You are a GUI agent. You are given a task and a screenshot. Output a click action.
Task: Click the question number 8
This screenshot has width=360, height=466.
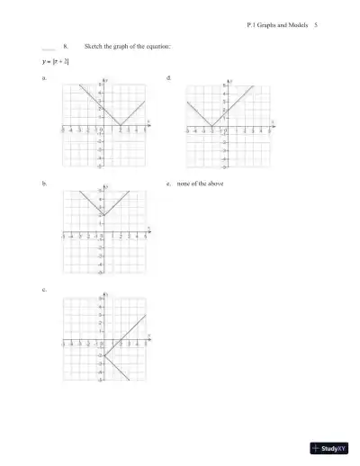(x=66, y=44)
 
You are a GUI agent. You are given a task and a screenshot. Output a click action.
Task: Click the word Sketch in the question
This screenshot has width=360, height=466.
(x=94, y=44)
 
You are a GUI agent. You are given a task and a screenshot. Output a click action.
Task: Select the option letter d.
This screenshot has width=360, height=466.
(x=169, y=79)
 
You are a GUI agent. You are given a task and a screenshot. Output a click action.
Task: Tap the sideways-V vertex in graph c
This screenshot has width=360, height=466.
(x=103, y=355)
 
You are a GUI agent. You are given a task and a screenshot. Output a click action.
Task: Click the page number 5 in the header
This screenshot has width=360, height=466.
(x=316, y=25)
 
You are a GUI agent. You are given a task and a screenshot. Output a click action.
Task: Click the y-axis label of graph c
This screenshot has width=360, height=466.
(x=108, y=293)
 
